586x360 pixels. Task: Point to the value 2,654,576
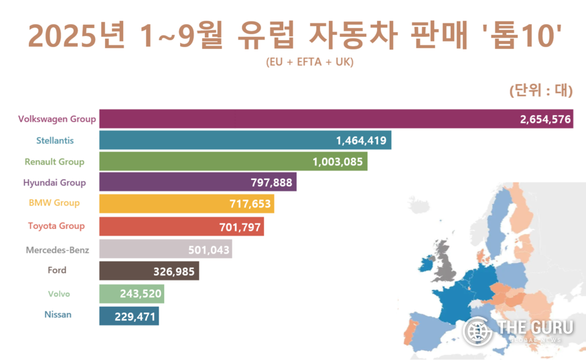(545, 120)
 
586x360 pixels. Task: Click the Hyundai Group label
(54, 182)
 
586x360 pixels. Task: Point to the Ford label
(57, 270)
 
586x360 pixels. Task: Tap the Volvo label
(58, 293)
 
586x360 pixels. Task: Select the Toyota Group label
(56, 226)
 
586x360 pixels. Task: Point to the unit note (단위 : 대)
(538, 91)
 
